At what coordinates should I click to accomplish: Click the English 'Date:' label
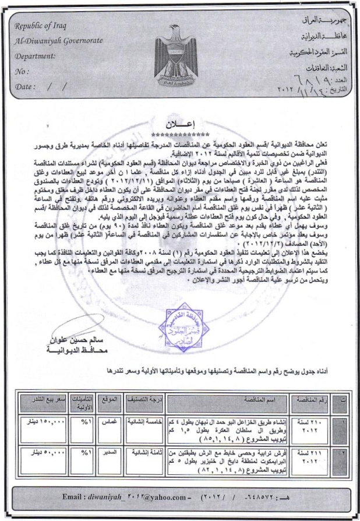click(26, 87)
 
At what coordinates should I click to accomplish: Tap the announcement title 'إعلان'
click(179, 124)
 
